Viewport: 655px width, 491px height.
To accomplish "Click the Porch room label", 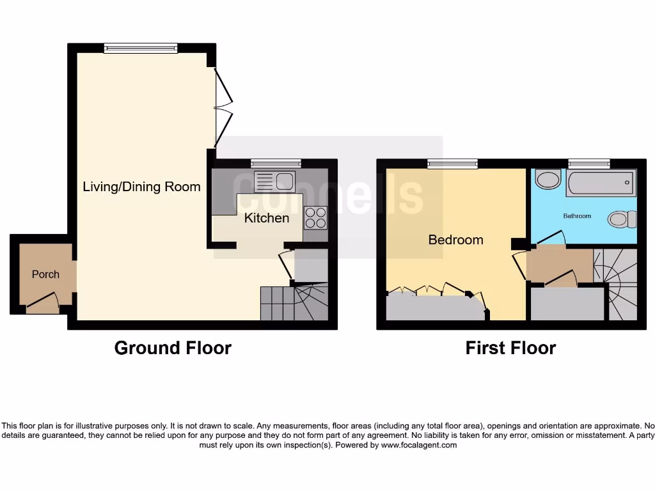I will (45, 274).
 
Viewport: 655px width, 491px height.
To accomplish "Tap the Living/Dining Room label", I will (141, 187).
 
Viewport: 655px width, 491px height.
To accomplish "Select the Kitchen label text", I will (267, 218).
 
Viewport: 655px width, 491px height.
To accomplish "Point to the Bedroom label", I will (455, 240).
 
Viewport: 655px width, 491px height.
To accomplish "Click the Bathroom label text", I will (577, 216).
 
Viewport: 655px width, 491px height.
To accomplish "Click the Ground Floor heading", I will (173, 348).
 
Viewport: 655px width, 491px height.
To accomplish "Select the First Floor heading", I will (510, 348).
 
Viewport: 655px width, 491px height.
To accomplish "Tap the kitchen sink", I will (273, 182).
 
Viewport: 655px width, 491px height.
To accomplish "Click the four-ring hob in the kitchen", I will (315, 218).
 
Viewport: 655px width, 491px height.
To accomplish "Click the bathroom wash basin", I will (548, 180).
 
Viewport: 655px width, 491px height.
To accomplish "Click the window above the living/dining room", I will (141, 47).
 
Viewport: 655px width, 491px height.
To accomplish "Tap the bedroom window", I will (453, 163).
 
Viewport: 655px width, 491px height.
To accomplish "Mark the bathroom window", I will (589, 163).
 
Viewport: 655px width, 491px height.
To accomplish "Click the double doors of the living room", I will (223, 107).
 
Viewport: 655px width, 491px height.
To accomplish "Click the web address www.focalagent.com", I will (419, 445).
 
